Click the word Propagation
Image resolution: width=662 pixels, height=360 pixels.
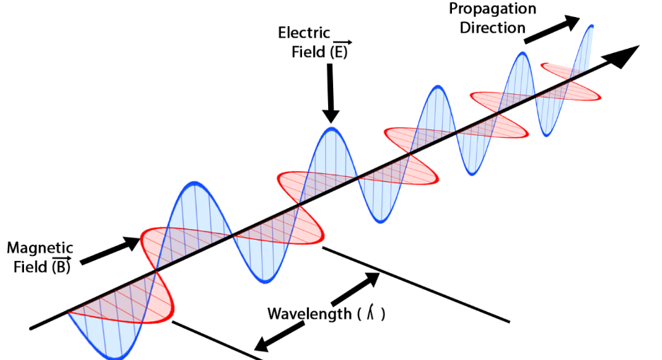(493, 9)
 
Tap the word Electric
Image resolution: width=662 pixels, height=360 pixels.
(303, 33)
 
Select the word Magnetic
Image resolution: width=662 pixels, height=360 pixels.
(40, 248)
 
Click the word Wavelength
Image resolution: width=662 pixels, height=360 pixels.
(309, 313)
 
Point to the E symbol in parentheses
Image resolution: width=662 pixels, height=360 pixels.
(341, 52)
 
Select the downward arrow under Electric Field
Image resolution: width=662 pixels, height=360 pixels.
(330, 93)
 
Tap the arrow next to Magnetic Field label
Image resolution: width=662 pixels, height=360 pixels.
(110, 251)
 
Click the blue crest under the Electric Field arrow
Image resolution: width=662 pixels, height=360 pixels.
(330, 130)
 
